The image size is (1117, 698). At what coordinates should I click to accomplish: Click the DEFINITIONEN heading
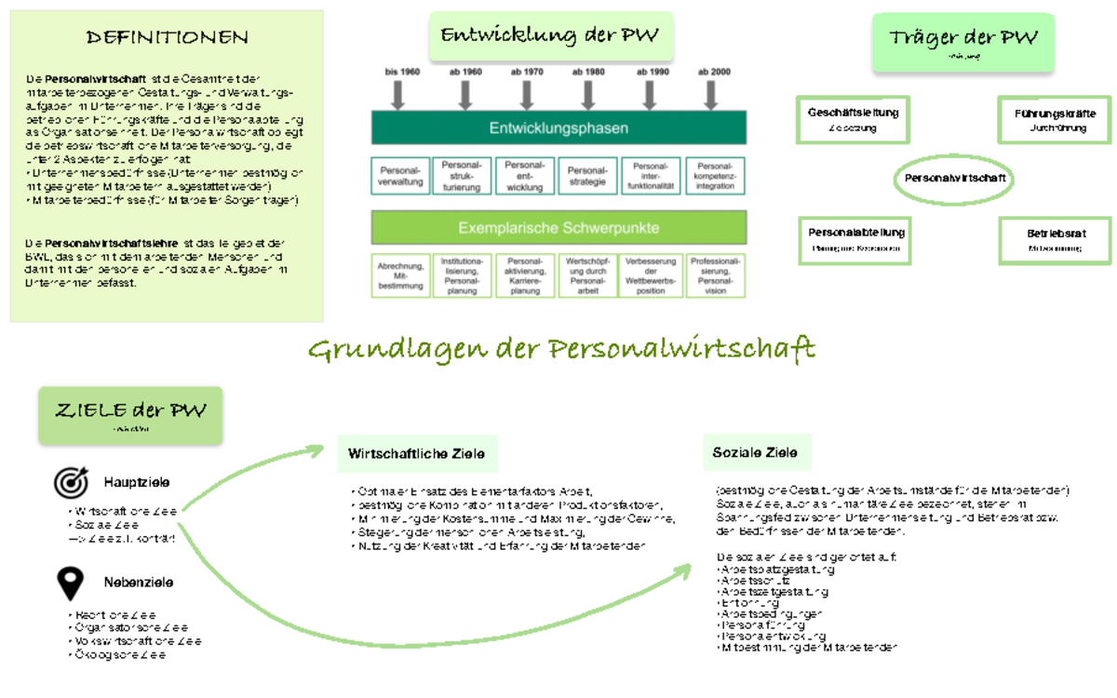tap(168, 38)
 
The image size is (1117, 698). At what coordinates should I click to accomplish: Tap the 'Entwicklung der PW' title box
tap(550, 36)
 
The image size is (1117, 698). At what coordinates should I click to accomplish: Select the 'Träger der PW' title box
tap(963, 41)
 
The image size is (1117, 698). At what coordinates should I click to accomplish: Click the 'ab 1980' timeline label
tap(588, 72)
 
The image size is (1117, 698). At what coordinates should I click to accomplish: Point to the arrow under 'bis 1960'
tap(403, 94)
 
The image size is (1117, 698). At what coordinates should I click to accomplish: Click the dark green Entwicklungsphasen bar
tap(558, 128)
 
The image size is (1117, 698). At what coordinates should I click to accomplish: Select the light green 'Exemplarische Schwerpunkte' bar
tap(558, 227)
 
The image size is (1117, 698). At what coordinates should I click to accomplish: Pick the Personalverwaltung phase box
tap(401, 176)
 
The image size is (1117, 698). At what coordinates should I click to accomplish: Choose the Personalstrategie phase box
tap(587, 176)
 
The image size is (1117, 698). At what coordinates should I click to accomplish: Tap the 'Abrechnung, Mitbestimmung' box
tap(401, 276)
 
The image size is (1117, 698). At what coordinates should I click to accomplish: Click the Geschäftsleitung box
tap(854, 119)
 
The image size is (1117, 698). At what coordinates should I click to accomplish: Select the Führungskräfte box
tap(1055, 119)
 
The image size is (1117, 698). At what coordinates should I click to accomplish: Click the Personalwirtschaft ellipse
tap(955, 177)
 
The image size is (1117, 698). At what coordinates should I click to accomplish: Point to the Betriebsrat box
tap(1055, 239)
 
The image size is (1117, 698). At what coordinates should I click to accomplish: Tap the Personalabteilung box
tap(855, 239)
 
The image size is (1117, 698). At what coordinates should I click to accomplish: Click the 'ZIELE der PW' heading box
tap(131, 414)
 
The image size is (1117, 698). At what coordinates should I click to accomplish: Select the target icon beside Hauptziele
tap(71, 482)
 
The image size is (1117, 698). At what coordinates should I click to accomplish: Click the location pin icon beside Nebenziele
tap(71, 583)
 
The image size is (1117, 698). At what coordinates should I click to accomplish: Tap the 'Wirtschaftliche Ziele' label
tap(417, 455)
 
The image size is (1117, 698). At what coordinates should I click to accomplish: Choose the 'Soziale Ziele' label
tap(756, 453)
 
